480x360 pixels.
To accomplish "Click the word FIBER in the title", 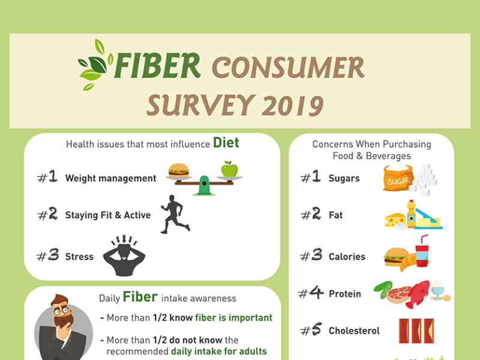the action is (x=158, y=65).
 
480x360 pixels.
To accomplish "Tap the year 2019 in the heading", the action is (x=293, y=106).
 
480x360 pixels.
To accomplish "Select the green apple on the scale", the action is (x=229, y=169).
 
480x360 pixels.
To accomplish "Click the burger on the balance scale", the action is (x=179, y=170).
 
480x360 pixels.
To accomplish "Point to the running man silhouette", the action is (x=175, y=214).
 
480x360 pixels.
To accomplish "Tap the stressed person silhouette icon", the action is (x=124, y=256).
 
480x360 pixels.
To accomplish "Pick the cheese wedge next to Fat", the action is (x=395, y=220).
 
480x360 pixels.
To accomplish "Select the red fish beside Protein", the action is (x=418, y=293).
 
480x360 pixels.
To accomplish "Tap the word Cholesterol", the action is (x=354, y=331).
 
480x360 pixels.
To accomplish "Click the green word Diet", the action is (x=226, y=143).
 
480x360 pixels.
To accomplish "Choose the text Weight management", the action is (x=110, y=178).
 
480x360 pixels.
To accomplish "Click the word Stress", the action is (x=79, y=257).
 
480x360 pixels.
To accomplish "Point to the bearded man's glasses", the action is (x=61, y=311).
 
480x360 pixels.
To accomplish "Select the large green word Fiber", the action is (x=140, y=297).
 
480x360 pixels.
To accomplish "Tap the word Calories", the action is (x=347, y=257).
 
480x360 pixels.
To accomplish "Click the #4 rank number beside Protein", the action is (x=311, y=293).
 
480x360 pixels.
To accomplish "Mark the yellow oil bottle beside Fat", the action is (x=412, y=214).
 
